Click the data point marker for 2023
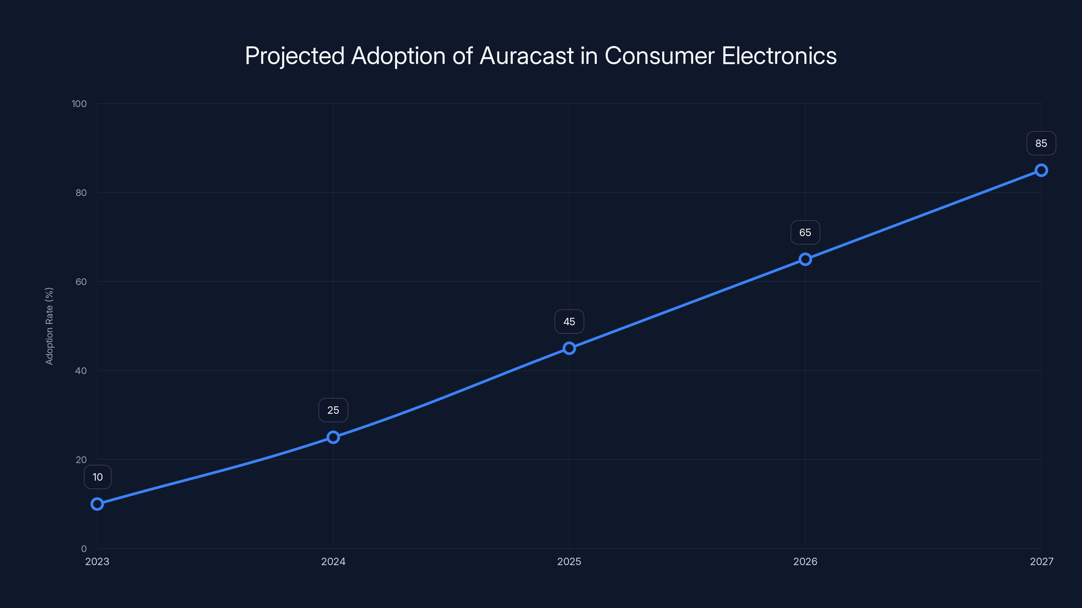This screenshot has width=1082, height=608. [x=97, y=504]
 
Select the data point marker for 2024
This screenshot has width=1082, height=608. [x=333, y=437]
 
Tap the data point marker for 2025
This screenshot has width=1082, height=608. [x=569, y=348]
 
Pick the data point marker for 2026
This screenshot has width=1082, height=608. [x=805, y=259]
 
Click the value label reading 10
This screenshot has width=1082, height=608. [x=97, y=477]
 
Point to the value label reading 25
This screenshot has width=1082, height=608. [x=333, y=410]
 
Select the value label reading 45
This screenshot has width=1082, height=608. [x=569, y=322]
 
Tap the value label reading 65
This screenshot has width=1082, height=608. [x=805, y=232]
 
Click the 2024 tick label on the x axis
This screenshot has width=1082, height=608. [x=333, y=561]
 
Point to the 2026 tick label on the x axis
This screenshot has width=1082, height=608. [x=805, y=561]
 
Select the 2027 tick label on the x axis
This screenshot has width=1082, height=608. [x=1041, y=561]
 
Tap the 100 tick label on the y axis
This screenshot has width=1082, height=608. [x=79, y=104]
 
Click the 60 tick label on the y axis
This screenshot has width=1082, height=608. [x=81, y=282]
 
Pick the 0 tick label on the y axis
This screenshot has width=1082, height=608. [x=84, y=549]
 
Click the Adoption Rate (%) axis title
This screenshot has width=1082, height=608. [x=49, y=326]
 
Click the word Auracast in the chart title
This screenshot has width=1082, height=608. [x=526, y=56]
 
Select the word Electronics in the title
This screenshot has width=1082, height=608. [x=779, y=56]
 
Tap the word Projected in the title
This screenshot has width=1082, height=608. [x=295, y=56]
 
